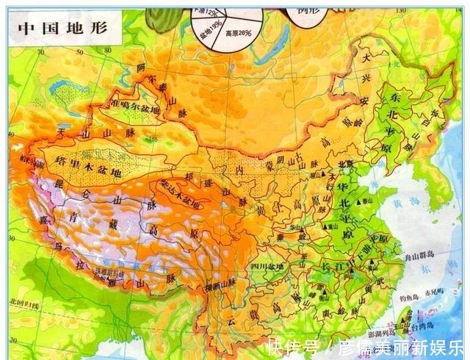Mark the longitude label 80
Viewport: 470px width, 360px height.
pos(107,50)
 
